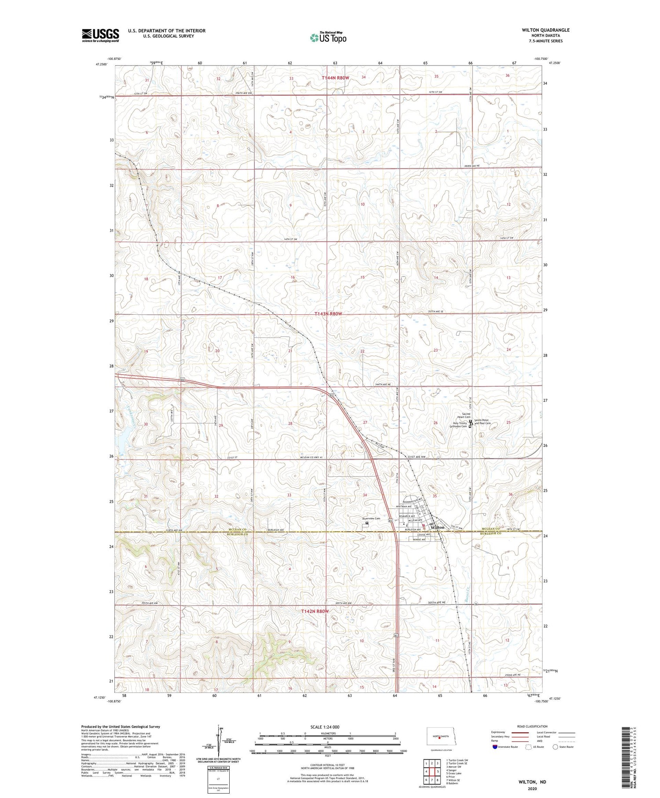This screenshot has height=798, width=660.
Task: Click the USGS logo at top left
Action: tap(100, 35)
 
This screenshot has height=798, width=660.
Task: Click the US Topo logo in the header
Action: tap(328, 37)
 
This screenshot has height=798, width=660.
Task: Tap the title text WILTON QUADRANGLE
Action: tap(546, 30)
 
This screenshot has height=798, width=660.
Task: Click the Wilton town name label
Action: tap(438, 527)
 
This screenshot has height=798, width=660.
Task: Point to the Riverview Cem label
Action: tap(371, 519)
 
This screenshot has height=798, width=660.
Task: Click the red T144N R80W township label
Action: tap(335, 77)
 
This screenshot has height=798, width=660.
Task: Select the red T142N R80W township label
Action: tap(315, 611)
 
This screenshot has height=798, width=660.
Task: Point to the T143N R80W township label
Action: tap(328, 314)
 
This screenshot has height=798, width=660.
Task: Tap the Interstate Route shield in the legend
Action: tap(495, 747)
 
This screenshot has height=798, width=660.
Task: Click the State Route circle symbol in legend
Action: tap(556, 747)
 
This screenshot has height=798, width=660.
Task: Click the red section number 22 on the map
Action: tap(363, 351)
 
